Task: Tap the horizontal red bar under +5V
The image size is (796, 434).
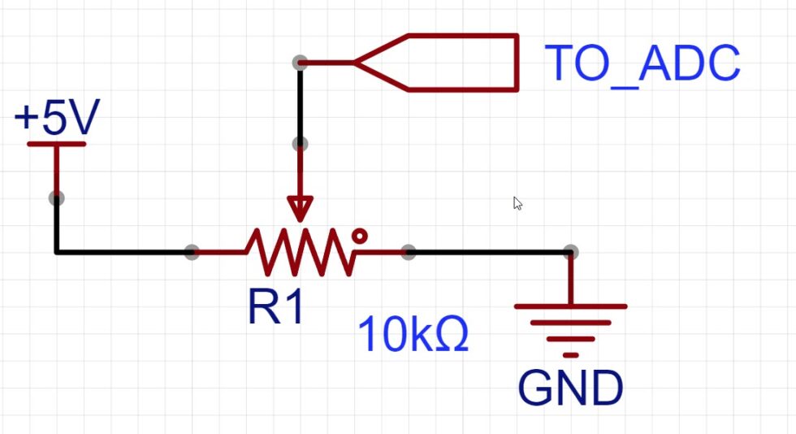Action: click(57, 144)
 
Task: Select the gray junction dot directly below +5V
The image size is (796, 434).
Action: click(56, 197)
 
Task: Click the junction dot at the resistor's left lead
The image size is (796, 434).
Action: click(191, 252)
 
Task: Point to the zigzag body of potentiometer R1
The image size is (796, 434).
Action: click(301, 252)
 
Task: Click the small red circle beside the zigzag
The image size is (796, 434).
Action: click(359, 236)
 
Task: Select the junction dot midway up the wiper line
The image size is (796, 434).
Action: click(300, 144)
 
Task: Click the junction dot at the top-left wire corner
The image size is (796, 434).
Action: click(300, 62)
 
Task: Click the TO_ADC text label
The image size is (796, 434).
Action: click(642, 63)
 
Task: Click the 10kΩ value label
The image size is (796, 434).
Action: click(413, 334)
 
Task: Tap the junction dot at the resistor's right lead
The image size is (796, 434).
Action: click(409, 252)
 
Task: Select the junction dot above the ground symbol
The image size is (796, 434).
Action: click(571, 252)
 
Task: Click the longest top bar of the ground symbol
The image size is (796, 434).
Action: click(571, 306)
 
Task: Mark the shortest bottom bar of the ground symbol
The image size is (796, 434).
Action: click(571, 355)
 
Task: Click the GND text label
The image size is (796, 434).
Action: click(571, 388)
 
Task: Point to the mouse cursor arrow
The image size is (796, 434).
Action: click(517, 203)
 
